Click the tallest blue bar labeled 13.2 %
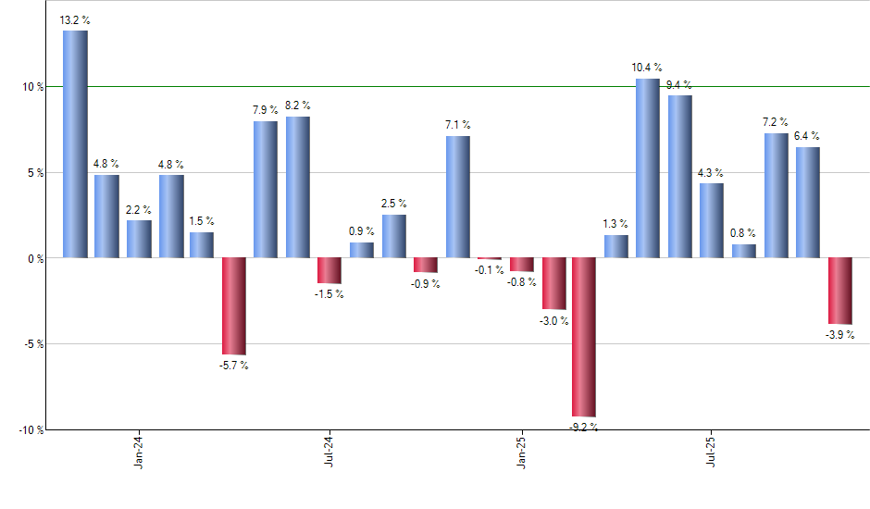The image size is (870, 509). [76, 144]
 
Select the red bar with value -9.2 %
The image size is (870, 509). [584, 337]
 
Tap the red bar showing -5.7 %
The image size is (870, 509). [233, 305]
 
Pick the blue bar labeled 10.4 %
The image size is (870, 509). [648, 168]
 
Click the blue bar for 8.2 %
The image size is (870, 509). [298, 187]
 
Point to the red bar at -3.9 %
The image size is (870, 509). [839, 291]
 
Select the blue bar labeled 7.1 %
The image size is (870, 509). [457, 196]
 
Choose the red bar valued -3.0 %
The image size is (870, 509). [553, 283]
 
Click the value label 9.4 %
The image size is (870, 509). [678, 86]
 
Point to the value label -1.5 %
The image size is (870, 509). [329, 293]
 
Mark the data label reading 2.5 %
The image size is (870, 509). [394, 204]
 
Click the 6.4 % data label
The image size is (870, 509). [806, 137]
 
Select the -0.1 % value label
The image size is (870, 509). [490, 269]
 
